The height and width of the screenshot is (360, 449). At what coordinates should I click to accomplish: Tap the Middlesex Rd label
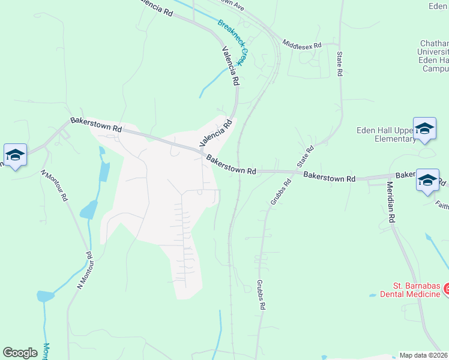pos(302,44)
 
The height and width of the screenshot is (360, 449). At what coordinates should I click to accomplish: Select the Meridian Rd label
pos(390,202)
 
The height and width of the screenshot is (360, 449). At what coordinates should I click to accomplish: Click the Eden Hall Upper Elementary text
pos(386,134)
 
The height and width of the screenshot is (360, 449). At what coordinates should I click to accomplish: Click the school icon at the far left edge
pos(15,155)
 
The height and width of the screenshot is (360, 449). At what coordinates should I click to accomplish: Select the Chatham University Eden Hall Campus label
pos(432,56)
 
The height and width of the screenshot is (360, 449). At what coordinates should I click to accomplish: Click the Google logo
pos(20,352)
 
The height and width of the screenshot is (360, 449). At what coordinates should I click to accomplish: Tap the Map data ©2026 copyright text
pos(423,355)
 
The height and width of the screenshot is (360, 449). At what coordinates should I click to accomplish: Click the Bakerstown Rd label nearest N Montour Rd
pos(96,125)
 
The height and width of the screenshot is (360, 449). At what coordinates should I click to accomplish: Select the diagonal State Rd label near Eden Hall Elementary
pos(306,157)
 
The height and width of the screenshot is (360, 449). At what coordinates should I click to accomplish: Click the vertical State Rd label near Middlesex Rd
pos(339,64)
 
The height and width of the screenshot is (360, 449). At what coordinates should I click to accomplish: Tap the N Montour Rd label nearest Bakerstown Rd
pos(55,186)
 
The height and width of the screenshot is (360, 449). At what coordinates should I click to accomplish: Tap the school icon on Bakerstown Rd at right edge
pos(427,181)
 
